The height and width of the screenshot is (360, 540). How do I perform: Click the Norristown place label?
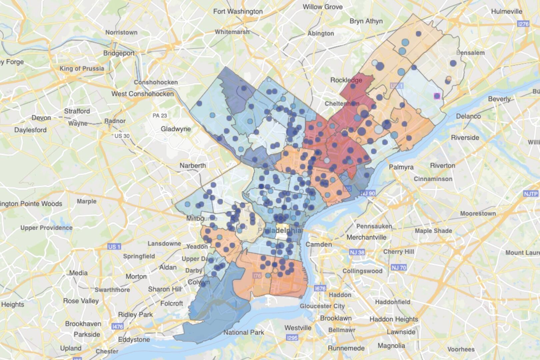(x=121, y=32)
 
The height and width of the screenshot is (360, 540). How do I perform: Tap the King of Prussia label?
(x=82, y=68)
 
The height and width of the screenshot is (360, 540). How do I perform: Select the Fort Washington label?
(x=238, y=11)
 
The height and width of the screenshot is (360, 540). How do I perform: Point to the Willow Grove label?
(x=322, y=7)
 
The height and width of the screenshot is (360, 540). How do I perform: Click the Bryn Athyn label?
(x=366, y=21)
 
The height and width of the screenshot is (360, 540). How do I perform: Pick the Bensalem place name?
(x=470, y=53)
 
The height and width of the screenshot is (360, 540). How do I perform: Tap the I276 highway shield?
(x=523, y=24)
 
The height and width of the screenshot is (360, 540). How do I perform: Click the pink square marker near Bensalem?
(x=437, y=96)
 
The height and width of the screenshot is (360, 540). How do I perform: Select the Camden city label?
(x=319, y=244)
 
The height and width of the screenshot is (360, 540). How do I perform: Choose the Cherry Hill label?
(x=399, y=252)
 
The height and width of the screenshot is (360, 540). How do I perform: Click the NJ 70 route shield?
(x=399, y=267)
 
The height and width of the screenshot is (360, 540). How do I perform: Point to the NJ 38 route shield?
(x=357, y=252)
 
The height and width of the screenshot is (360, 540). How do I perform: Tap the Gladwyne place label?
(x=176, y=129)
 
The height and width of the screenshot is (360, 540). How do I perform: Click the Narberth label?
(x=193, y=165)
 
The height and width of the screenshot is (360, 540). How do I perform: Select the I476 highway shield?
(x=118, y=326)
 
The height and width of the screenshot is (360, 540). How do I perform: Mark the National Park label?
(x=243, y=332)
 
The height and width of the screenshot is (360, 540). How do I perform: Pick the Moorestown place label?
(x=478, y=213)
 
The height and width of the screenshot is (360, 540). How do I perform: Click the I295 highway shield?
(x=292, y=338)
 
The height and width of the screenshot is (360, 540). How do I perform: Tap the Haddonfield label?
(x=393, y=302)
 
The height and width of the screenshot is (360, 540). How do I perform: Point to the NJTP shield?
(x=531, y=194)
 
